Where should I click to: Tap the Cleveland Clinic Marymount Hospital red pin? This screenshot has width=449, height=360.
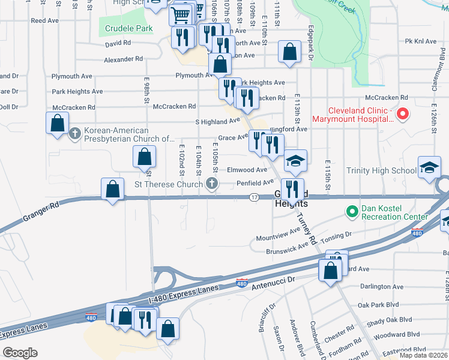tap(403, 113)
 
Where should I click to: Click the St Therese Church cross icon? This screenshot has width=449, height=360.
tap(211, 182)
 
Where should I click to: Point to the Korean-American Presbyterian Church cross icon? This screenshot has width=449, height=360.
tap(75, 133)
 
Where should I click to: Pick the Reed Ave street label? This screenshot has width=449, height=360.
tap(44, 20)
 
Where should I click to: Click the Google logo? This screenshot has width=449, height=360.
tap(20, 352)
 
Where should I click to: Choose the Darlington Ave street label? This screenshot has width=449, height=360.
tap(383, 287)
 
